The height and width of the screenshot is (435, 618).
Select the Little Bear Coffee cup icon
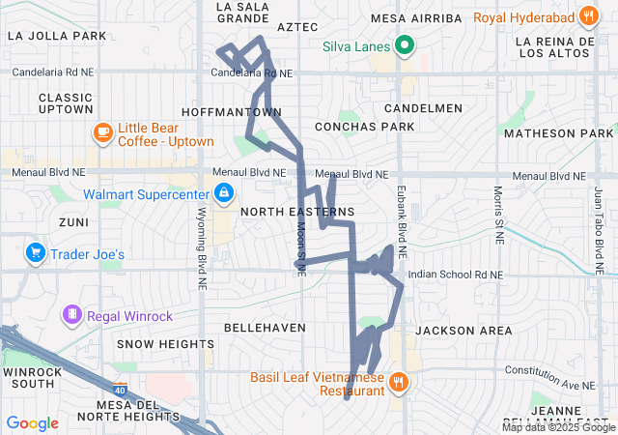pyautogui.click(x=103, y=132)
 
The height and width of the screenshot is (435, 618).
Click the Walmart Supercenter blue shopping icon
pyautogui.click(x=224, y=193)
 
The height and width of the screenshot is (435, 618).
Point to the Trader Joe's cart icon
pyautogui.click(x=36, y=253)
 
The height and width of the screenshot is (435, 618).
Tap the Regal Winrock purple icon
pyautogui.click(x=70, y=314)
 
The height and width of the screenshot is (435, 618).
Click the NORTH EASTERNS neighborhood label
pyautogui.click(x=296, y=211)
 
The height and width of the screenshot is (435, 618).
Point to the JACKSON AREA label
pyautogui.click(x=463, y=331)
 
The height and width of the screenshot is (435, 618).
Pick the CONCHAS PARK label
pyautogui.click(x=364, y=127)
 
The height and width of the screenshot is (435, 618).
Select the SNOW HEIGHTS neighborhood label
pyautogui.click(x=165, y=344)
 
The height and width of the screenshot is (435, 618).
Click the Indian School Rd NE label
pyautogui.click(x=456, y=275)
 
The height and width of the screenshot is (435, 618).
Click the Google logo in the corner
pyautogui.click(x=33, y=422)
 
